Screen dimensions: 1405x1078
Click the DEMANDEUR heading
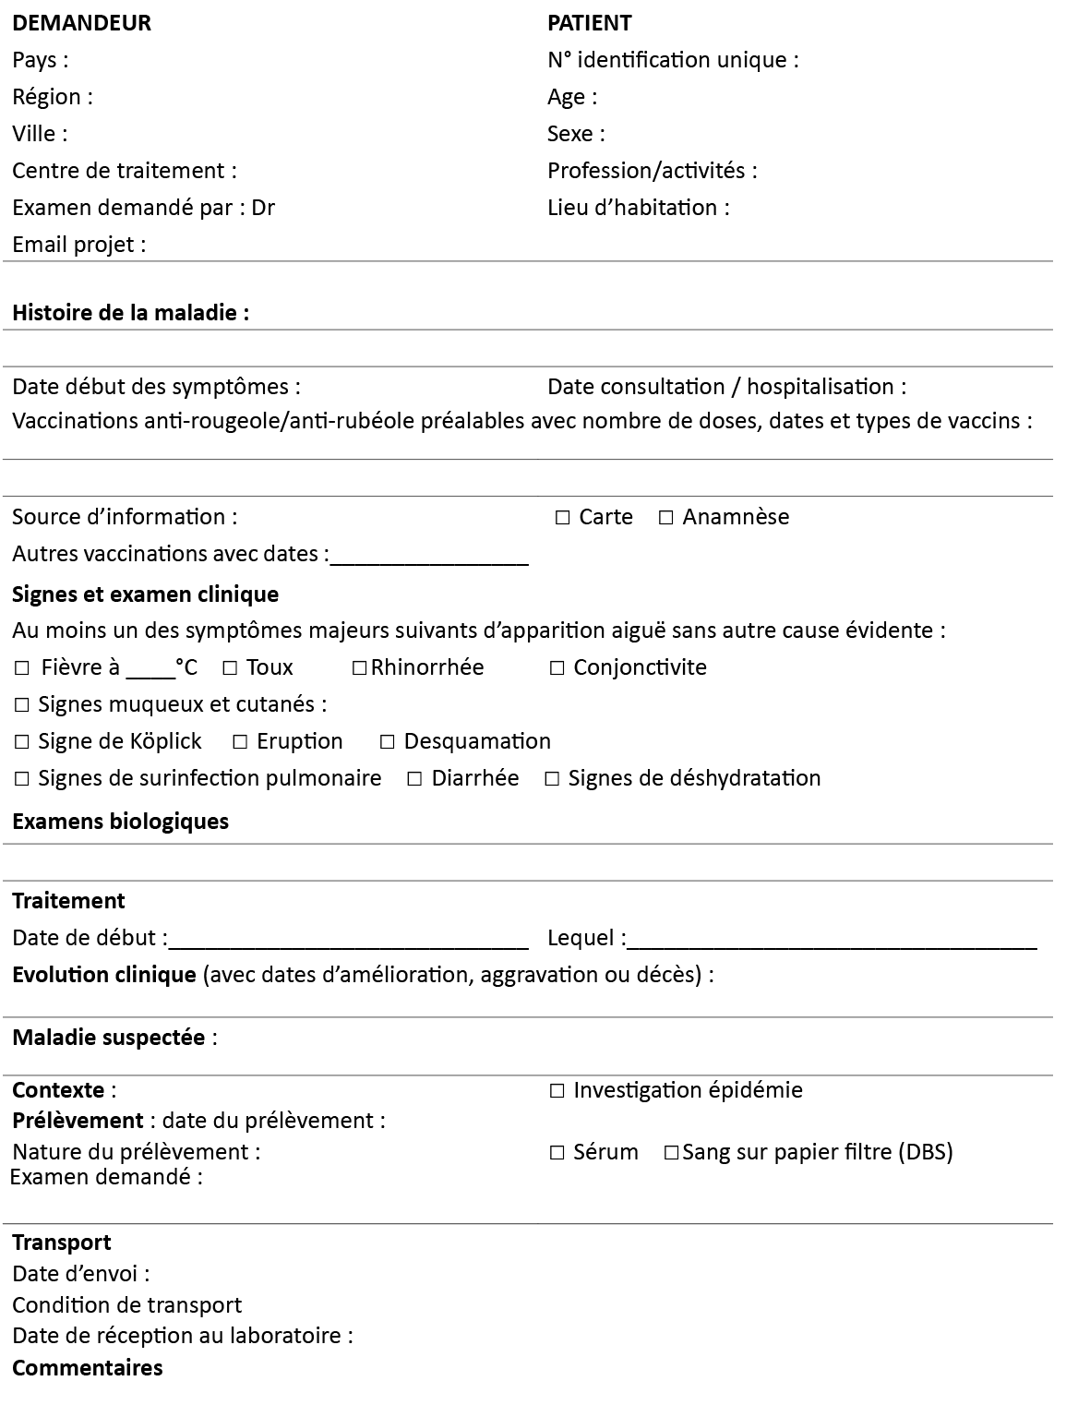tap(81, 23)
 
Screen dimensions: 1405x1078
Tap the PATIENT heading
tap(589, 23)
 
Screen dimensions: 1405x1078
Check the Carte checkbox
tap(563, 518)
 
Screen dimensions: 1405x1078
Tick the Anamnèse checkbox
tap(666, 518)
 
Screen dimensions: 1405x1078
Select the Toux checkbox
tap(230, 668)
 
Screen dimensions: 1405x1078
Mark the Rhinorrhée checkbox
tap(360, 668)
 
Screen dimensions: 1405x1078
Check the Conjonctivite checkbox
tap(557, 668)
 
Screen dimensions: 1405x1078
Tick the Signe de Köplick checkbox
tap(22, 742)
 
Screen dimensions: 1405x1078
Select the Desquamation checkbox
tap(388, 742)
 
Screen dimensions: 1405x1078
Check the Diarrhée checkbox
tap(415, 779)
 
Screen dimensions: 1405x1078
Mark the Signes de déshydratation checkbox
tap(552, 779)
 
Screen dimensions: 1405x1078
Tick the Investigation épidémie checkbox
tap(557, 1091)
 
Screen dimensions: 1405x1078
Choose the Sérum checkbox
tap(557, 1153)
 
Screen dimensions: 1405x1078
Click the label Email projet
tap(78, 245)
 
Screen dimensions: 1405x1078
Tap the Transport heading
tap(61, 1243)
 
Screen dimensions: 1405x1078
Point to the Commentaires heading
tap(87, 1368)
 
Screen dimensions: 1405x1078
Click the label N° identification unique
tap(672, 60)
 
